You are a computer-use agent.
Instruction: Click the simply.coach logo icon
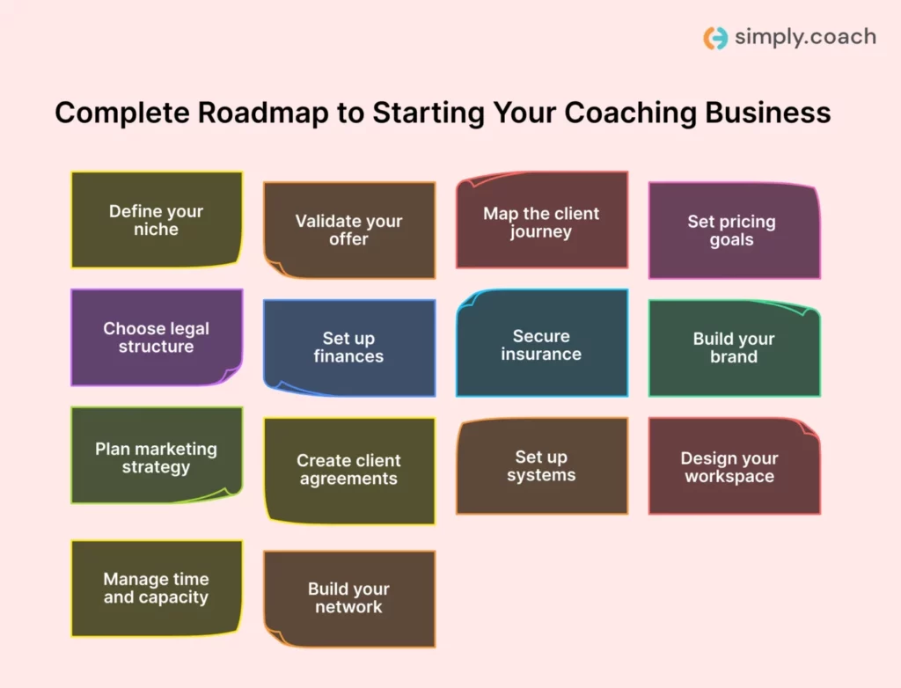(x=715, y=38)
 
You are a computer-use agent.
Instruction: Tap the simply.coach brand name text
(x=804, y=37)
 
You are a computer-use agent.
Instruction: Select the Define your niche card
(x=157, y=220)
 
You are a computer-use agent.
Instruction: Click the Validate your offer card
(x=349, y=231)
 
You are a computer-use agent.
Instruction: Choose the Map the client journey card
(x=541, y=221)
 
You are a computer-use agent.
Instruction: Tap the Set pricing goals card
(x=734, y=231)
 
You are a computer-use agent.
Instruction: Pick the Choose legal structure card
(x=157, y=338)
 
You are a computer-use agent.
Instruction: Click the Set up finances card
(x=349, y=348)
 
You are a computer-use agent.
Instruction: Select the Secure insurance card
(x=541, y=344)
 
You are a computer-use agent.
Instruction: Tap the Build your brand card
(x=734, y=348)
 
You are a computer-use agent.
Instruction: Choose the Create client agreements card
(x=349, y=470)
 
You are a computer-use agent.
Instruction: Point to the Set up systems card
(x=541, y=465)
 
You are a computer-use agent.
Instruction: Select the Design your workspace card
(x=734, y=466)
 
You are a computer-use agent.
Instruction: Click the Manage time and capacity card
(x=157, y=589)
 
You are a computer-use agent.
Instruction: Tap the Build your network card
(x=349, y=598)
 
